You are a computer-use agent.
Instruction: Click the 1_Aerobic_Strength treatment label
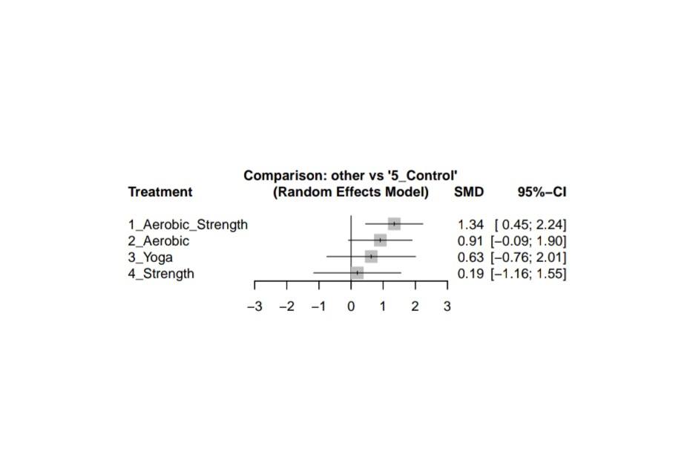coord(188,224)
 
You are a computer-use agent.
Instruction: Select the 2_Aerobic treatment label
coord(158,241)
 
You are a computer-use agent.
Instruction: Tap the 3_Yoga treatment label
coord(150,258)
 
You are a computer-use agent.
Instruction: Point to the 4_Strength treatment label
coord(161,274)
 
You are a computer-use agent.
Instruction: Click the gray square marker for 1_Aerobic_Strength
coord(394,224)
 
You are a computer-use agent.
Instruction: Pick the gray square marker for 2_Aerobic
coord(380,240)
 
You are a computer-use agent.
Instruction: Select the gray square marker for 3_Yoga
coord(371,257)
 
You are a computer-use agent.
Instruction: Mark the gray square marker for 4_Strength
coord(357,273)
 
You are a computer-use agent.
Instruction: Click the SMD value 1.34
coord(471,224)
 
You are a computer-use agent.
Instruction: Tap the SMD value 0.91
coord(471,241)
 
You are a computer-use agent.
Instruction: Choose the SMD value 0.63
coord(471,258)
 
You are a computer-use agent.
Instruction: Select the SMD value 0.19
coord(471,274)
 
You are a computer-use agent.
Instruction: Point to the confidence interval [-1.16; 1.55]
coord(529,274)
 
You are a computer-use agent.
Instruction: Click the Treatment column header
coord(160,192)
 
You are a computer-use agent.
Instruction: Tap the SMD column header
coord(469,192)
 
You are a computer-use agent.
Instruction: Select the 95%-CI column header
coord(542,192)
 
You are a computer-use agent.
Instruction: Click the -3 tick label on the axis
coord(254,307)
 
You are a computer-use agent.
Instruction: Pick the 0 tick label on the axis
coord(351,307)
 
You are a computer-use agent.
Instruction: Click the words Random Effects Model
coord(351,192)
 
